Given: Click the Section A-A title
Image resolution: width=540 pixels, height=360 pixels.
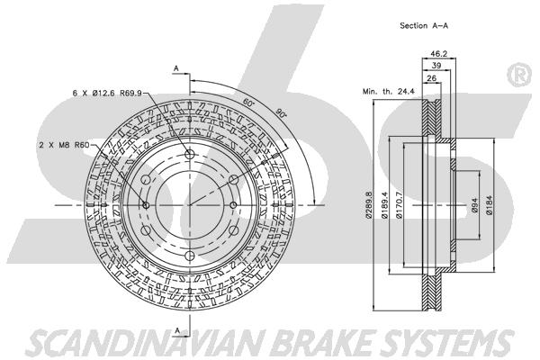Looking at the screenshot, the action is coord(424,25).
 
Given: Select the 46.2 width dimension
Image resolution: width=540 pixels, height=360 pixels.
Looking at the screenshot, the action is coord(439,53).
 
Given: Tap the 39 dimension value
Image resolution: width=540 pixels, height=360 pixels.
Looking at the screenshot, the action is coord(436,66).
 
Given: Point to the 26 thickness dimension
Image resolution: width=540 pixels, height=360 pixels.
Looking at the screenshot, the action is coord(431,78).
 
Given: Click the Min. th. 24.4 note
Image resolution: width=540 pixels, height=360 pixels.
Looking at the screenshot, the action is coord(388,92).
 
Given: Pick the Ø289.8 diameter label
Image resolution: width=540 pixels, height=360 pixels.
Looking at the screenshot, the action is coord(369,204).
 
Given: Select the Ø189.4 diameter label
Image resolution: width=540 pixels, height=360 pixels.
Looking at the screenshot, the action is coord(384,205).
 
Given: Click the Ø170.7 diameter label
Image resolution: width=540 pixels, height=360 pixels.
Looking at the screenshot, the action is coord(399,205).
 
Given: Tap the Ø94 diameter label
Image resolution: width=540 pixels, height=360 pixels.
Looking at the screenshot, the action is coord(474,205).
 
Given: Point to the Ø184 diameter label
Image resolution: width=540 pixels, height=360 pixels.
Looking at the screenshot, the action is coord(490,205).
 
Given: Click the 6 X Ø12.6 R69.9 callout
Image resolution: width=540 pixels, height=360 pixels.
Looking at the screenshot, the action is coord(107,93).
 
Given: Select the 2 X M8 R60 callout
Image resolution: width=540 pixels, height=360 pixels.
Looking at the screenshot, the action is coord(64,145).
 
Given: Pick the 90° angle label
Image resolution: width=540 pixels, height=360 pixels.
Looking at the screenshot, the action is coord(281,112).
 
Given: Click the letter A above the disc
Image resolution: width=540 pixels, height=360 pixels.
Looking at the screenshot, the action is coord(176,68).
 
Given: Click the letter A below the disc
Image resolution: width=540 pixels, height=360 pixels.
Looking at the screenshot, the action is coord(177,330).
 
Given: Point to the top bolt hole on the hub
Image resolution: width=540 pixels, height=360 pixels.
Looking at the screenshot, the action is coord(190,154).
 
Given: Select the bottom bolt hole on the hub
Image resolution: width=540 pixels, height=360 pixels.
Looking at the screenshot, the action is coord(190,256).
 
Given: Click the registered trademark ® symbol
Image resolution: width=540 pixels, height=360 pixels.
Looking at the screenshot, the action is coord(520,75).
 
